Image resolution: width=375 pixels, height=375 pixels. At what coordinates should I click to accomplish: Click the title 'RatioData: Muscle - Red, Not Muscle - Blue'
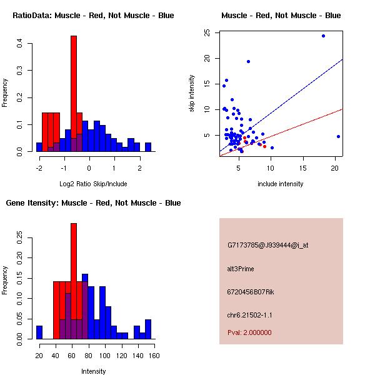click(93, 15)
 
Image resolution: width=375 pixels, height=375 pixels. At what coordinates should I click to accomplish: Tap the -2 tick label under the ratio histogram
click(39, 167)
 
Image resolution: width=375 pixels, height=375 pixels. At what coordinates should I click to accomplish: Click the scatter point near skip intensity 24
click(323, 36)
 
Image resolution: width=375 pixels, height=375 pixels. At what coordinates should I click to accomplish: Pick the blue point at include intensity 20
click(338, 136)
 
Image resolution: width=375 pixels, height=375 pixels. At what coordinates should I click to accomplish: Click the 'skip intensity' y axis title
click(192, 94)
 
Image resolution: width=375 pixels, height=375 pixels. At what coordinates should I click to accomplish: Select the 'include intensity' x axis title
click(281, 184)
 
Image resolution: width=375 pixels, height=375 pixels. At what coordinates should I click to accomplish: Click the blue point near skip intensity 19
click(248, 61)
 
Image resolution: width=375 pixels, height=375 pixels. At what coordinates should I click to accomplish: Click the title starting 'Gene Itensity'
click(93, 202)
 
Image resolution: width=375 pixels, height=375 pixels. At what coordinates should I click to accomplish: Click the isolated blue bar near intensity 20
click(39, 332)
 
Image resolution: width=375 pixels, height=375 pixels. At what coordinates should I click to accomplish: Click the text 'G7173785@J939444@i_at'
click(267, 245)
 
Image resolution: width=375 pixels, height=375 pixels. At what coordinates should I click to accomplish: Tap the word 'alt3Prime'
click(241, 269)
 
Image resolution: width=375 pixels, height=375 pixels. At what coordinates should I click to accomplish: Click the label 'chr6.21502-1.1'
click(249, 315)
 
